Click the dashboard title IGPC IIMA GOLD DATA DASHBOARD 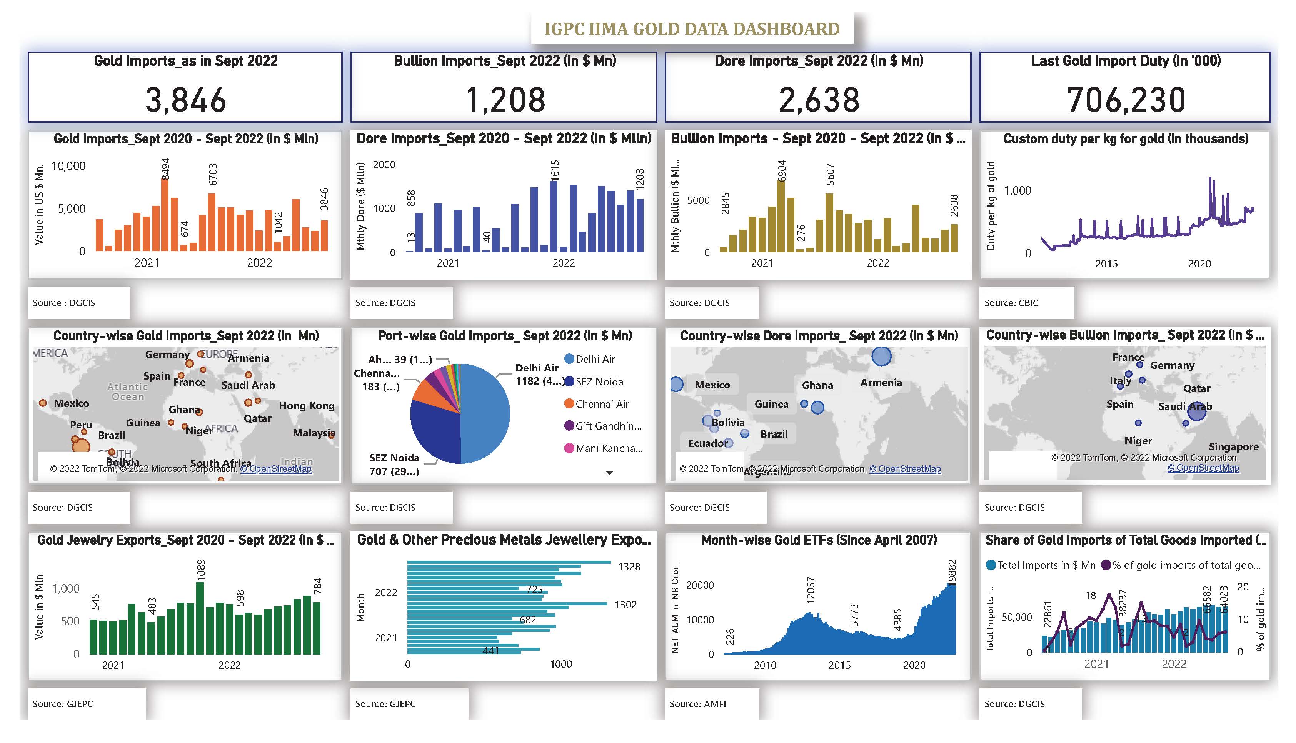tap(692, 28)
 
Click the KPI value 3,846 tap(185, 100)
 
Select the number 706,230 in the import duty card tap(1126, 100)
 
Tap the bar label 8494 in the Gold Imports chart tap(165, 168)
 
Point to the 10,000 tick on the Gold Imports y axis tap(68, 166)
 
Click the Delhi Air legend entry tap(595, 359)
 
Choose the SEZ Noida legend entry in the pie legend tap(599, 382)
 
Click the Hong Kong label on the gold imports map tap(306, 406)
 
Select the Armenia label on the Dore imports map tap(881, 383)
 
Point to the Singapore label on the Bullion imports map tap(1233, 447)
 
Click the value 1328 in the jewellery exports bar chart tap(629, 567)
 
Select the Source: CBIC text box tap(1011, 303)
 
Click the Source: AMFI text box tap(697, 704)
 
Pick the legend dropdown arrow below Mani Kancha tap(609, 473)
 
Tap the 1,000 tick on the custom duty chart tap(1017, 191)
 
